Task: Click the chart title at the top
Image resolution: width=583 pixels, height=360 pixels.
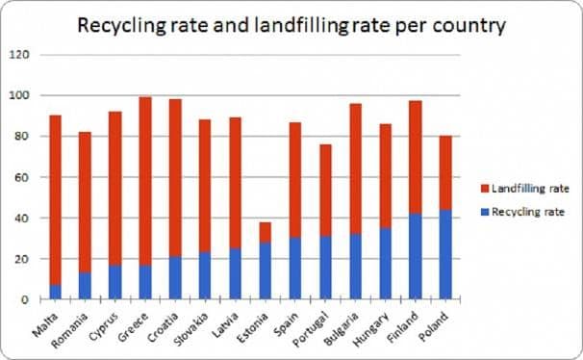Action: click(291, 25)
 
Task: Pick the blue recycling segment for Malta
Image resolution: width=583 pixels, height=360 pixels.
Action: click(56, 292)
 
